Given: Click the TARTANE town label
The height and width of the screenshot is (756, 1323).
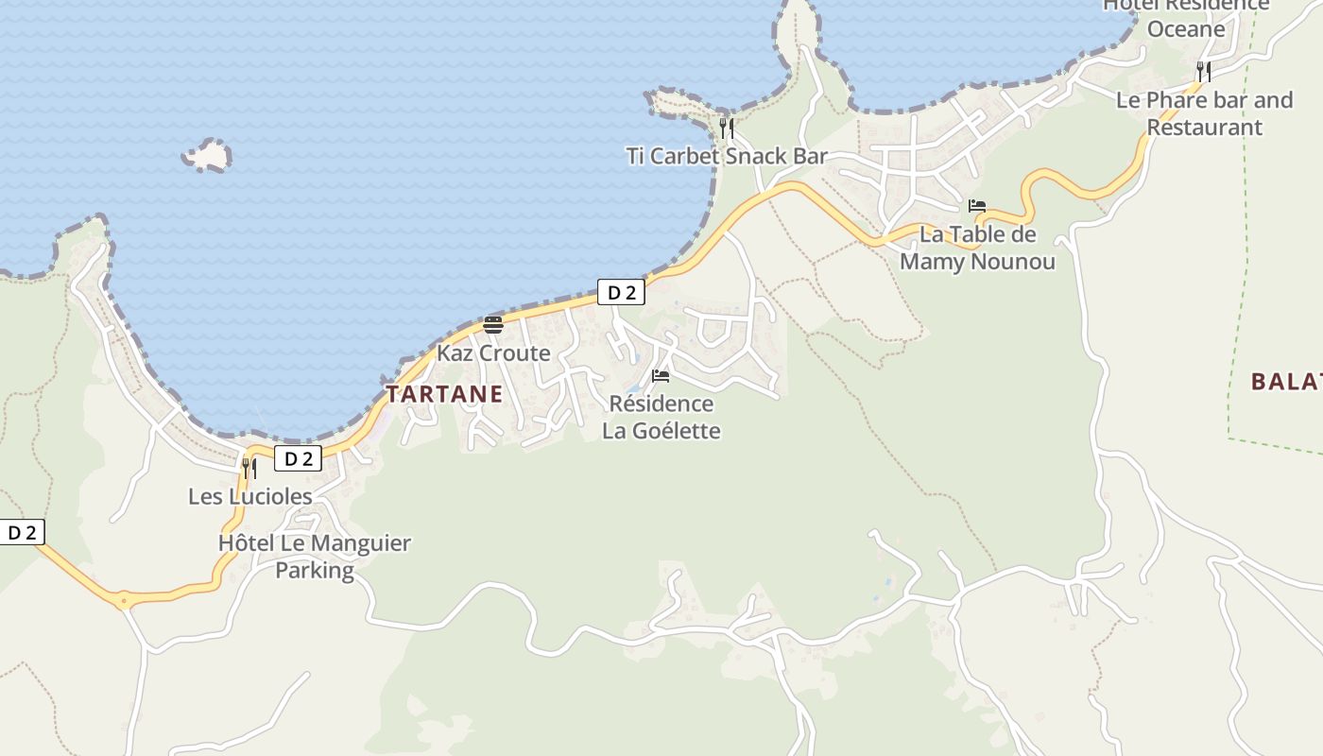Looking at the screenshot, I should click(444, 394).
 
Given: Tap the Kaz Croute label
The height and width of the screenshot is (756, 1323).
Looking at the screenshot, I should click(493, 353).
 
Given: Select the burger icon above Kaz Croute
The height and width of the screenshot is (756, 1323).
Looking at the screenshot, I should click(493, 325).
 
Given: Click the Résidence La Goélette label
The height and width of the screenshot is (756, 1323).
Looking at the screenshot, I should click(661, 418).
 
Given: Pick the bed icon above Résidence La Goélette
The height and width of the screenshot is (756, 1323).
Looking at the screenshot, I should click(661, 376).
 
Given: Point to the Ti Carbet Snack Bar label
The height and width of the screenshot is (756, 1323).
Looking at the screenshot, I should click(727, 157).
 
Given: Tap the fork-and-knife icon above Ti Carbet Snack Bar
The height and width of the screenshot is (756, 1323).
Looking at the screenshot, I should click(727, 128).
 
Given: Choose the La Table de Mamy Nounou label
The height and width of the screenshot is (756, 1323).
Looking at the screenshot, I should click(977, 248).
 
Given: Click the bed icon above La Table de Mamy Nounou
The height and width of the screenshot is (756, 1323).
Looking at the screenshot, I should click(977, 206).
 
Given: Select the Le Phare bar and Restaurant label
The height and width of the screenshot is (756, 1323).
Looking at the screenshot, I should click(1204, 113).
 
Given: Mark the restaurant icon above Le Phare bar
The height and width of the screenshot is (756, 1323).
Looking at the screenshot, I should click(1204, 71).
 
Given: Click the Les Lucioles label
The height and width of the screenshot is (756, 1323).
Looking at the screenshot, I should click(250, 496).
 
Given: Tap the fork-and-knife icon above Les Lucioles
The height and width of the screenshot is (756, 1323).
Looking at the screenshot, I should click(249, 468).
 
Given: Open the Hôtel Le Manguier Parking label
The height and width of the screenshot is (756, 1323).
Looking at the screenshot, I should click(315, 557).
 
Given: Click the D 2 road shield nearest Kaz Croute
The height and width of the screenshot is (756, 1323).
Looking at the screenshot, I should click(621, 293).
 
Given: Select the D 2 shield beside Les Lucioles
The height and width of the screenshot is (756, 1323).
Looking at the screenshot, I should click(299, 459).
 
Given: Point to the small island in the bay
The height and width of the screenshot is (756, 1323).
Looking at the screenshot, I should click(208, 155).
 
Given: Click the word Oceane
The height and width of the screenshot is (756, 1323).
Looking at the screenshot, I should click(1186, 29).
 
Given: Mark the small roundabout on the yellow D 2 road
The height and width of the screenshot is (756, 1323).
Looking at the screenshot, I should click(123, 599).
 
